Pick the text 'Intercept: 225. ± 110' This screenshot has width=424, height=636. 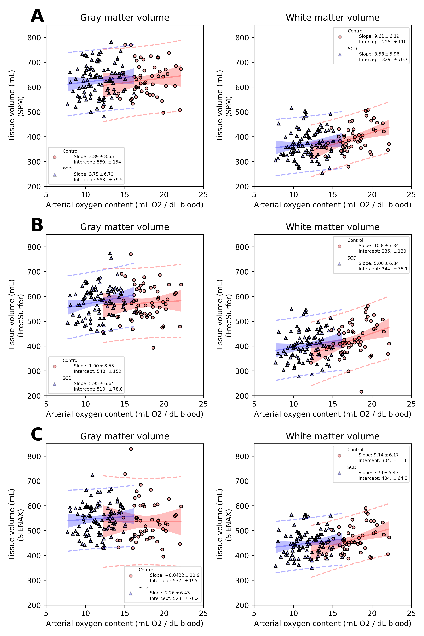pyautogui.click(x=382, y=42)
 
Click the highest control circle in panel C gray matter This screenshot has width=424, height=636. pyautogui.click(x=131, y=449)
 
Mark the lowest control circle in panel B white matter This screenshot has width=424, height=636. pyautogui.click(x=361, y=392)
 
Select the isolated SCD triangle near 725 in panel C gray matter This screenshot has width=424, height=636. pyautogui.click(x=92, y=475)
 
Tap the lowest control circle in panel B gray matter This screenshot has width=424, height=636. pyautogui.click(x=153, y=348)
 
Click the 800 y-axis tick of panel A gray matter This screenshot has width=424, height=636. pyautogui.click(x=34, y=38)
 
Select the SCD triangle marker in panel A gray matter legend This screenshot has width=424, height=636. pyautogui.click(x=55, y=175)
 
